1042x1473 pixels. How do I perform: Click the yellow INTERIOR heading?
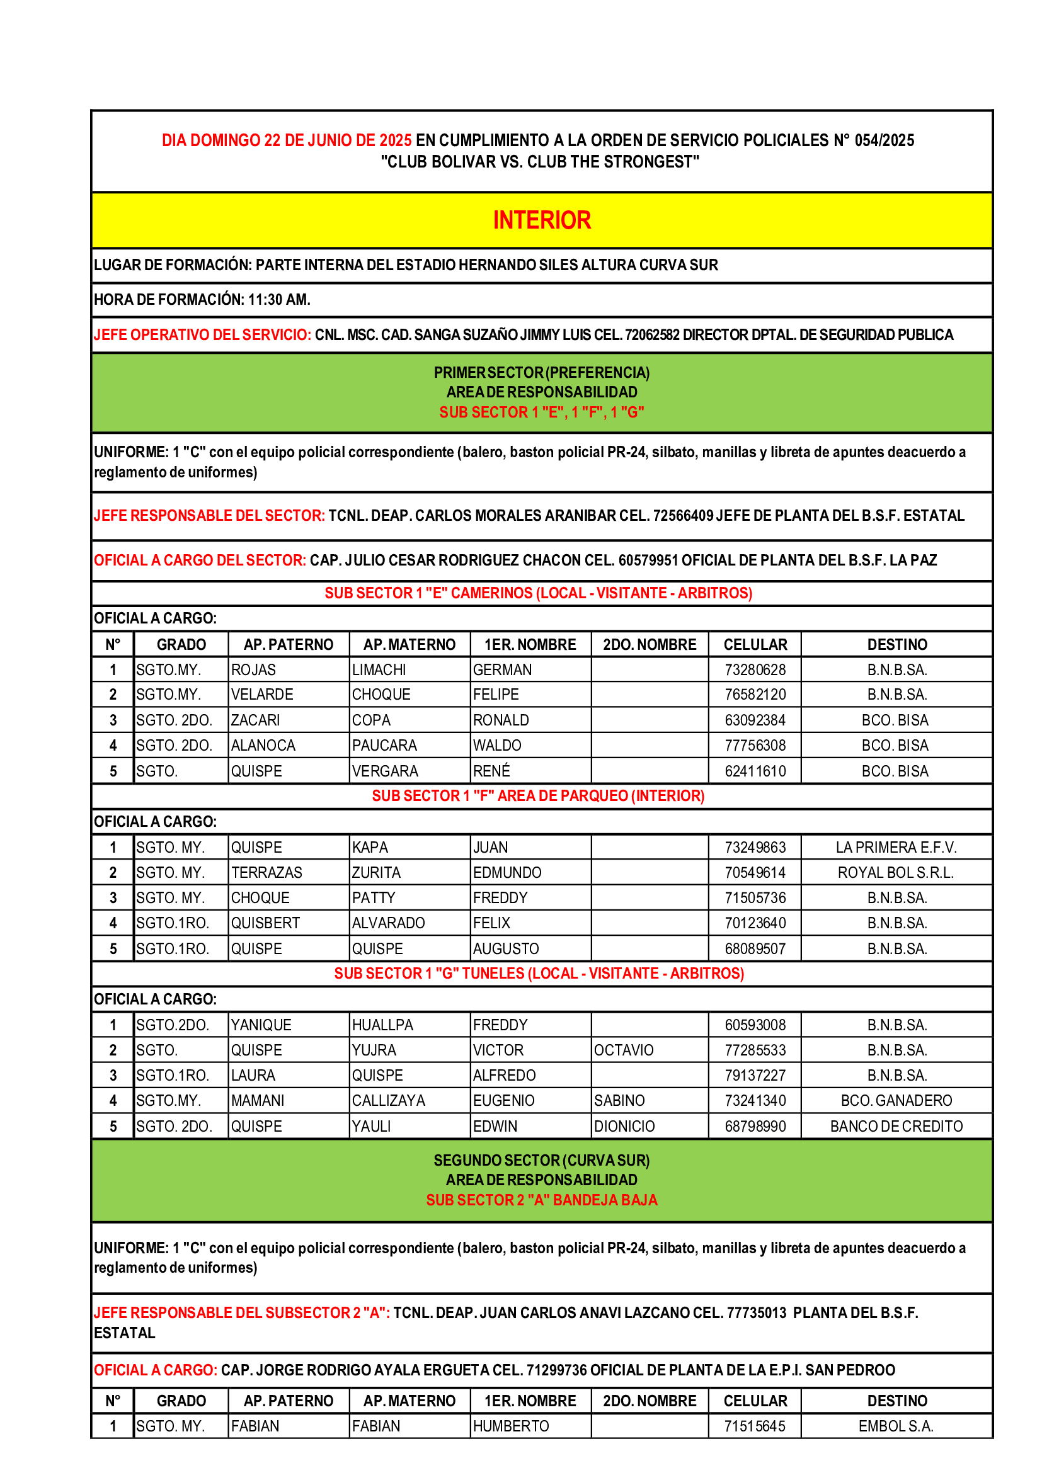tap(542, 220)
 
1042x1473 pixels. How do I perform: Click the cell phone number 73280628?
tap(755, 670)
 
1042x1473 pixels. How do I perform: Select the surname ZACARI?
tap(255, 720)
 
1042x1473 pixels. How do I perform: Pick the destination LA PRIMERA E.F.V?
tap(896, 848)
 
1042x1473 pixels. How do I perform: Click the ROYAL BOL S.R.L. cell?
tap(896, 872)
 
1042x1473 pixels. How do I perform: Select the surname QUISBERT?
tap(266, 923)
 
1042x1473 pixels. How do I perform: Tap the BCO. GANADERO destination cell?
tap(896, 1101)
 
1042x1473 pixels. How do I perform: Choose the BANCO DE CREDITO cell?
tap(896, 1126)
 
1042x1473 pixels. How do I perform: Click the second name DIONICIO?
tap(624, 1126)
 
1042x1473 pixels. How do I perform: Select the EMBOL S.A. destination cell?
tap(896, 1426)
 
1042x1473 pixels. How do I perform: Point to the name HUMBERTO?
tap(511, 1426)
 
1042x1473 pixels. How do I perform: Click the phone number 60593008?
tap(755, 1025)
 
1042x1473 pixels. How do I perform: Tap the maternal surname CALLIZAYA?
tap(388, 1101)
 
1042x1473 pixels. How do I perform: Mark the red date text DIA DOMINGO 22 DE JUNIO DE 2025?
tap(286, 140)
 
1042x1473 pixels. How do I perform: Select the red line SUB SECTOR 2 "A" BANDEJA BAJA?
tap(542, 1200)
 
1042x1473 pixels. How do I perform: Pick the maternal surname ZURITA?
tap(376, 872)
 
